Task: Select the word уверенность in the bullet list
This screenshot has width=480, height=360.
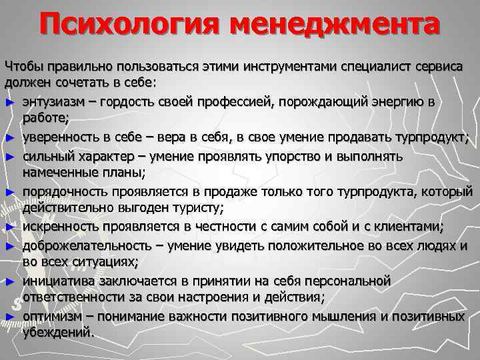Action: [x=60, y=138]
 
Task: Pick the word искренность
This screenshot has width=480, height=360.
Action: [x=59, y=227]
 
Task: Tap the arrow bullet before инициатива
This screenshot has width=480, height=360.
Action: [x=8, y=282]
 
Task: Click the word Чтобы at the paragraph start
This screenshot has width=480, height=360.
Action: [x=23, y=66]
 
